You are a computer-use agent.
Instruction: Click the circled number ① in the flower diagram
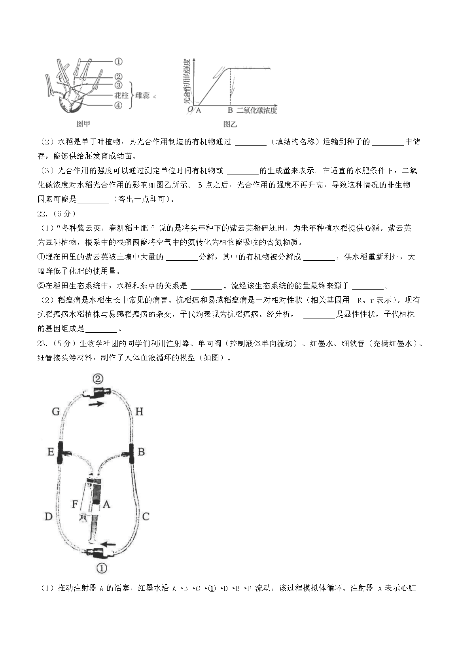pyautogui.click(x=118, y=61)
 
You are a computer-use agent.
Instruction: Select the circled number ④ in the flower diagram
pyautogui.click(x=118, y=105)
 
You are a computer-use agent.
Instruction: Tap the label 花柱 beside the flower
pyautogui.click(x=121, y=95)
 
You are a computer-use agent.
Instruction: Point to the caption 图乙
pyautogui.click(x=230, y=124)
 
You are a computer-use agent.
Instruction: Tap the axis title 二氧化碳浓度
pyautogui.click(x=257, y=110)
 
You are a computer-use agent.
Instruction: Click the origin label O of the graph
pyautogui.click(x=190, y=110)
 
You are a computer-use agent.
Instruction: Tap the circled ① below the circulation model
pyautogui.click(x=102, y=568)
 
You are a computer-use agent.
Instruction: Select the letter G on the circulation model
pyautogui.click(x=55, y=412)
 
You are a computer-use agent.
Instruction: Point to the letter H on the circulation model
pyautogui.click(x=139, y=411)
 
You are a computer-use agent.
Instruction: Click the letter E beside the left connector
pyautogui.click(x=51, y=451)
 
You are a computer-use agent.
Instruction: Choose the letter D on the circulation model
pyautogui.click(x=48, y=516)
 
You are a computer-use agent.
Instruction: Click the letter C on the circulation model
pyautogui.click(x=145, y=516)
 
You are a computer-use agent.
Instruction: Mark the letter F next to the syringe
pyautogui.click(x=75, y=504)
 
